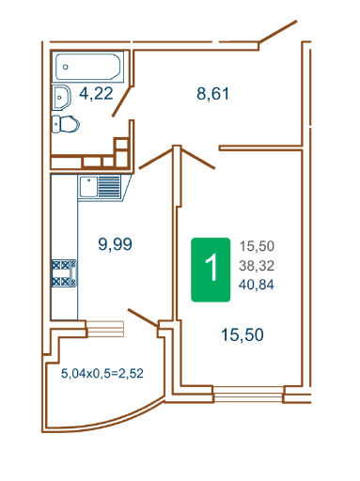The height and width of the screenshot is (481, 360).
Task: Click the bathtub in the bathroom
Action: click(87, 67)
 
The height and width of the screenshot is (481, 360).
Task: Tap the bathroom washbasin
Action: click(61, 97)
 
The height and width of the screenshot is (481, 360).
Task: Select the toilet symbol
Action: click(65, 124)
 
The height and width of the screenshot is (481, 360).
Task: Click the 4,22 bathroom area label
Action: click(96, 94)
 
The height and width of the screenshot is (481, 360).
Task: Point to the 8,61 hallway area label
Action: click(212, 94)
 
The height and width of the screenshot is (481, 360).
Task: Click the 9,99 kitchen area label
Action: click(115, 244)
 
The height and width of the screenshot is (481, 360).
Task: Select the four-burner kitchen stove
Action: click(64, 273)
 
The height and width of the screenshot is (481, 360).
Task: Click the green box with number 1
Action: click(211, 270)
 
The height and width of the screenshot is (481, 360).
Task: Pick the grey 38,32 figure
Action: click(257, 266)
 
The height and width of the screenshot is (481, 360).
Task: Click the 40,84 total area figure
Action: click(257, 285)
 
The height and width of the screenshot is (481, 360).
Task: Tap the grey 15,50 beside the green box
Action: click(257, 246)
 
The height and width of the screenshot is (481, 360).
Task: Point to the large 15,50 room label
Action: click(243, 334)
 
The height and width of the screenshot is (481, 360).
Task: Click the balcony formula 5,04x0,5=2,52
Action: click(102, 373)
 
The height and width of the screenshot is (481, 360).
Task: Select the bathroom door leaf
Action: click(122, 101)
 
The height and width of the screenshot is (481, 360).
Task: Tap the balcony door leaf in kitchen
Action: click(143, 318)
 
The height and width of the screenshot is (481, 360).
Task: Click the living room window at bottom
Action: click(249, 394)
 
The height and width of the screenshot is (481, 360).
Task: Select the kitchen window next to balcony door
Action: click(105, 329)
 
